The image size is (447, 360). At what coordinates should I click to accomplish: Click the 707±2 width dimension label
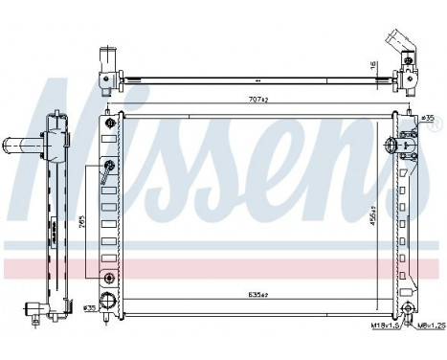[x=259, y=99]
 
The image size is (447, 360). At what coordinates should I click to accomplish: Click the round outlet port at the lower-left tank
[x=110, y=278]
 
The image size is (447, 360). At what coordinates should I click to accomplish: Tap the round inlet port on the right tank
[x=391, y=146]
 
